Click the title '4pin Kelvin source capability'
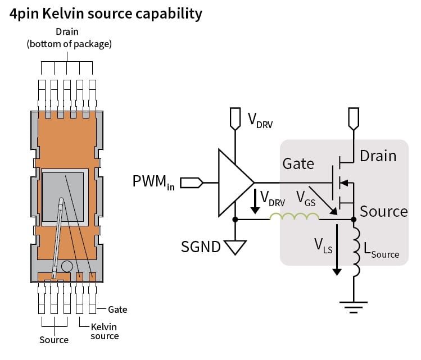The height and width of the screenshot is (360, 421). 106,13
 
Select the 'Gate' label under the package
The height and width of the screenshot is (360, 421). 117,309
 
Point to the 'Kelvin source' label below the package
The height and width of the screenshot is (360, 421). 105,331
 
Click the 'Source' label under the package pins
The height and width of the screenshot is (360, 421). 54,340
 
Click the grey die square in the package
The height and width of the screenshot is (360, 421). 63,195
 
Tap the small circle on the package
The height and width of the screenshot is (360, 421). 67,266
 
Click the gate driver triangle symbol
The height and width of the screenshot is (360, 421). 234,183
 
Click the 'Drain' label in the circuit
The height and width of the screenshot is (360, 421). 378,156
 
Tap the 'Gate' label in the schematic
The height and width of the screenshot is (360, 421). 298,163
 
